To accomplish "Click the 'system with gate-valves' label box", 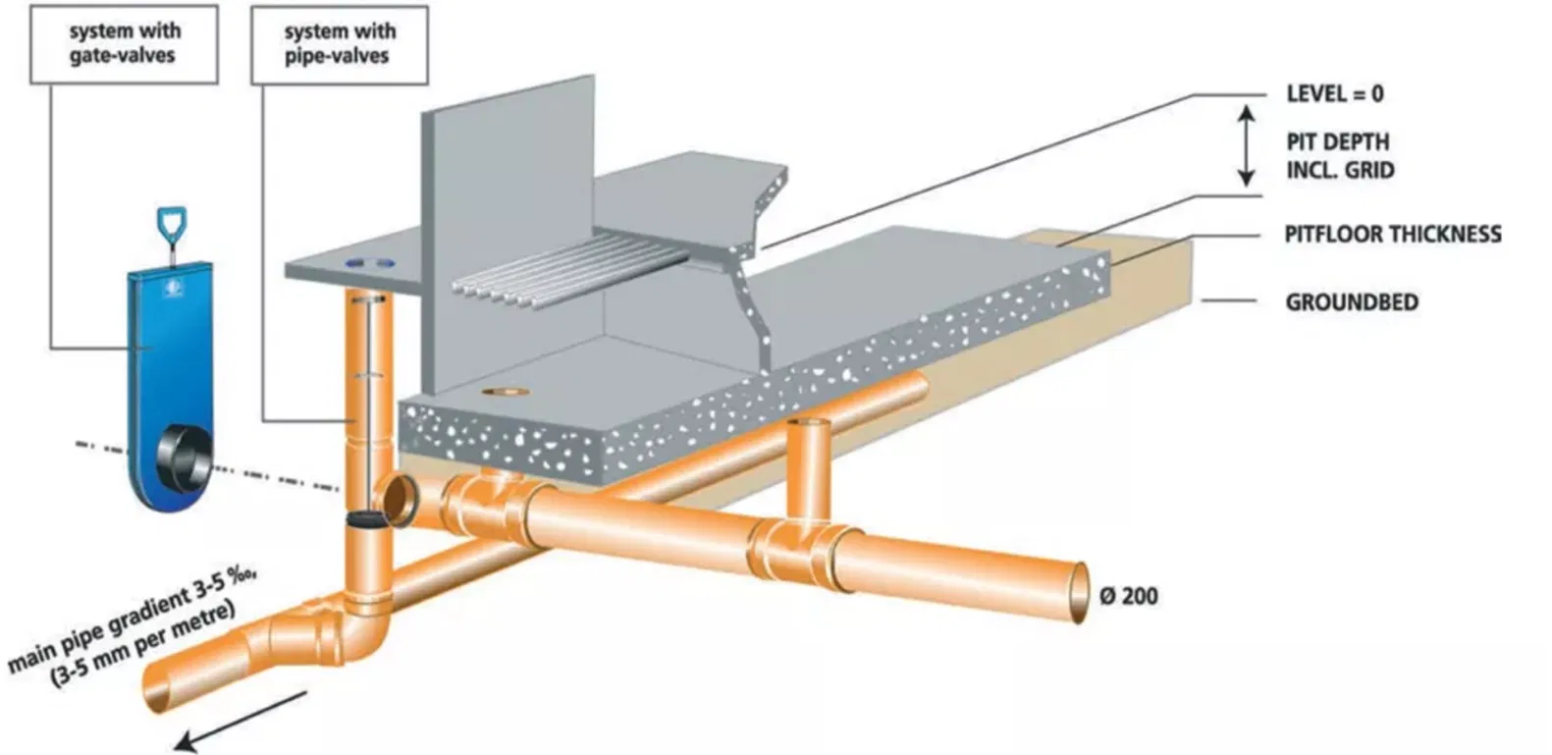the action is tap(124, 44).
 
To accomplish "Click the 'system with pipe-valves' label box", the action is tap(340, 45).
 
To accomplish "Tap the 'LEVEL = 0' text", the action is tap(1335, 93).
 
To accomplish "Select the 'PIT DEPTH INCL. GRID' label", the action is tap(1340, 156).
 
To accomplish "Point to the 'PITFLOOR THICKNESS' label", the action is tap(1393, 234).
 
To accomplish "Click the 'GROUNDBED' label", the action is tap(1352, 302).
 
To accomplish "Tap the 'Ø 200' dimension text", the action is tap(1129, 596).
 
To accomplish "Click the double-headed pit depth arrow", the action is tap(1247, 146).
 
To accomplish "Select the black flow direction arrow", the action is tap(240, 721).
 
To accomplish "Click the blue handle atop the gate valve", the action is tap(171, 222).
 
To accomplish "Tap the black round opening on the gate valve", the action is tap(184, 459).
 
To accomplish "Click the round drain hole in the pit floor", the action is tap(506, 392).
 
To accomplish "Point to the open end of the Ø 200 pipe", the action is tap(1080, 592).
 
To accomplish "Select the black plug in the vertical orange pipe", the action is tap(366, 518).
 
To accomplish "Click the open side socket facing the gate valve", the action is tap(398, 500).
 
